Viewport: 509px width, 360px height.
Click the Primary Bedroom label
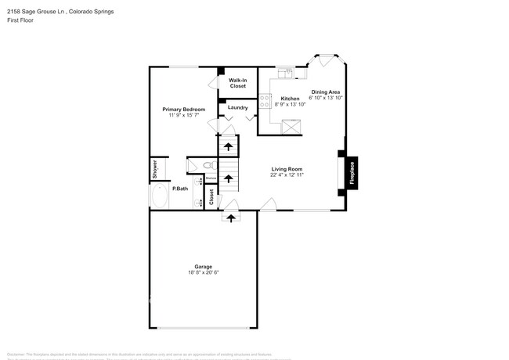click(183, 109)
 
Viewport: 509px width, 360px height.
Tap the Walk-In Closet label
click(237, 83)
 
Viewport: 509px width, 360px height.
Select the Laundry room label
click(237, 107)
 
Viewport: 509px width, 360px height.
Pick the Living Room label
click(287, 169)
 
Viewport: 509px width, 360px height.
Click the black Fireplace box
click(352, 172)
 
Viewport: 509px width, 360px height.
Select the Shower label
click(155, 170)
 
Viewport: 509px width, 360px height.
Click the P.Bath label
click(180, 189)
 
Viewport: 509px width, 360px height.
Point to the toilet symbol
click(208, 166)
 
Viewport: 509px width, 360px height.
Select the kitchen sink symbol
click(287, 74)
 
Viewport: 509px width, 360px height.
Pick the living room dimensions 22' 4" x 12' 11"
click(287, 175)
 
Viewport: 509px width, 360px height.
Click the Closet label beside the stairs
click(211, 197)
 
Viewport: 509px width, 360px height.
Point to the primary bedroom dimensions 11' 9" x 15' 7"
click(183, 115)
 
